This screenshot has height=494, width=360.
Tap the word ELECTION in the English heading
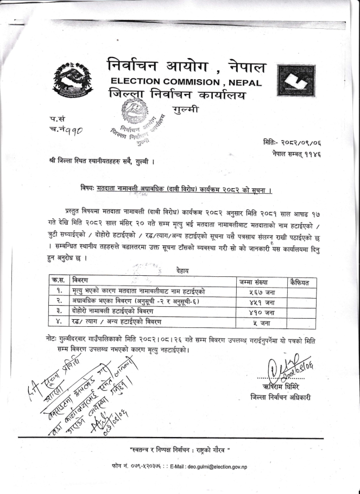(143, 82)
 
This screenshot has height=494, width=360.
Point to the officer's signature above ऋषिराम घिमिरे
(283, 369)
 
